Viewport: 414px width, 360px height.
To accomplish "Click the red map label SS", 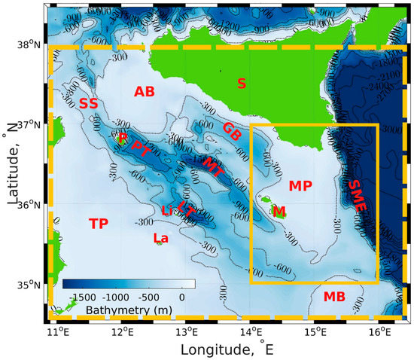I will point(88,103).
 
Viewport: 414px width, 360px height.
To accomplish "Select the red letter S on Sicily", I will point(241,83).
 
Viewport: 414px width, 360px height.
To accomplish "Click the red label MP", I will point(300,185).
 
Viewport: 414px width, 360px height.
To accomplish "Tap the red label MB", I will point(334,297).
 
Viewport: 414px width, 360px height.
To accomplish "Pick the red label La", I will point(160,238).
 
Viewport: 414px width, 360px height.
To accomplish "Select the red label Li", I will point(167,211).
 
